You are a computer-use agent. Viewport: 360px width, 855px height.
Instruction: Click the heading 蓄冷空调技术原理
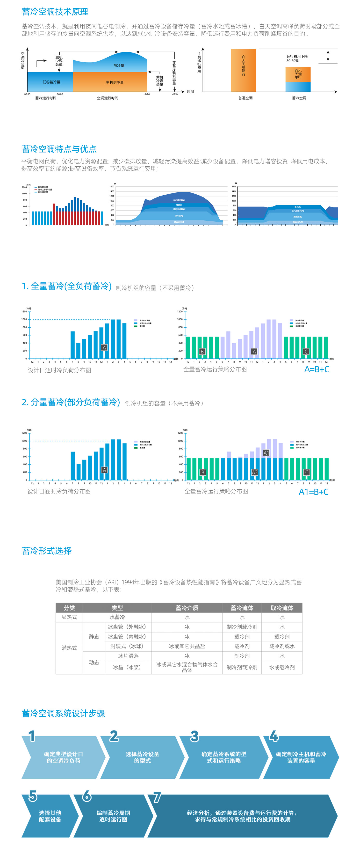[x=55, y=12]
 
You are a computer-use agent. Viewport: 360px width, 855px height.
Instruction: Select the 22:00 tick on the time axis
[x=147, y=93]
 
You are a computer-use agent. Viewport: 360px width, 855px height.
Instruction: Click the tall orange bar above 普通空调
[x=243, y=70]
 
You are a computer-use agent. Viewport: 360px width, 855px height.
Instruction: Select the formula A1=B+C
[x=313, y=492]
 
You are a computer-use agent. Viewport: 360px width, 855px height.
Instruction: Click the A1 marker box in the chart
[x=266, y=453]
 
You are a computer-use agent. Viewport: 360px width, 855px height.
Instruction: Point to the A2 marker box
[x=254, y=472]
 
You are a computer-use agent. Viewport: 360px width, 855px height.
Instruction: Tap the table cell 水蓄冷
[x=117, y=617]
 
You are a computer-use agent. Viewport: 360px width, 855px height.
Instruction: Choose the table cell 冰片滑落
[x=128, y=656]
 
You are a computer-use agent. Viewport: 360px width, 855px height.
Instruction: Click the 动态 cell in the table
[x=94, y=662]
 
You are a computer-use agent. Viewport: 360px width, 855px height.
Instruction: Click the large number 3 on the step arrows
[x=194, y=736]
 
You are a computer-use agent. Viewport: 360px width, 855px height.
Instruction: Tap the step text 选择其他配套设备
[x=50, y=816]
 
